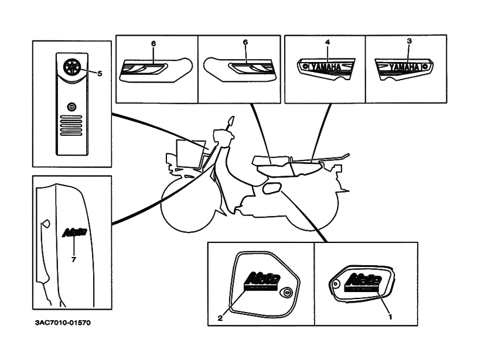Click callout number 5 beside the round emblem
(99, 74)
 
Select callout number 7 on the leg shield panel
(73, 259)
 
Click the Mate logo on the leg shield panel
(74, 232)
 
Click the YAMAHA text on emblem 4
(327, 67)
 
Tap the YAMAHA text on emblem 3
(404, 68)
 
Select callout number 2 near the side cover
(220, 318)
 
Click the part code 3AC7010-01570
(63, 322)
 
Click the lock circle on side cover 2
(286, 293)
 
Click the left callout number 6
(154, 43)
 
